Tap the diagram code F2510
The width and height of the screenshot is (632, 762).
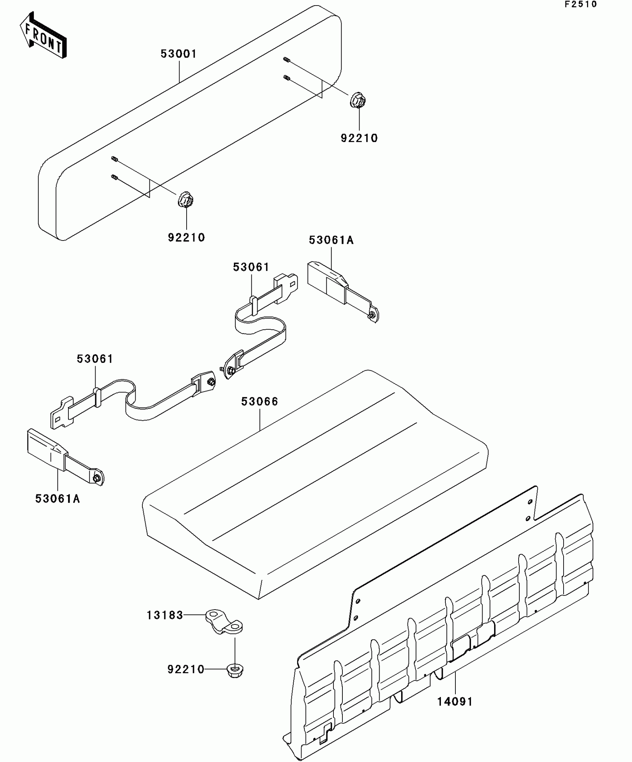580,4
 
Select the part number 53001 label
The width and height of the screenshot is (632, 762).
178,54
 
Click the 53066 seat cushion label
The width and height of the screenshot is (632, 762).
259,402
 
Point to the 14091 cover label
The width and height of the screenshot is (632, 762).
455,702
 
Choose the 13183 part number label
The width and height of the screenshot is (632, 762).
165,615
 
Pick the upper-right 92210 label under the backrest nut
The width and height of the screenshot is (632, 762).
359,138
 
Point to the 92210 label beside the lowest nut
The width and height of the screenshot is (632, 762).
186,670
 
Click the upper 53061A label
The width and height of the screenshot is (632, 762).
331,240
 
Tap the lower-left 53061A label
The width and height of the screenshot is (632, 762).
58,499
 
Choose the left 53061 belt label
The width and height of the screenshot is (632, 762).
95,359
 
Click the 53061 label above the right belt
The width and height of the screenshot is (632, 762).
251,267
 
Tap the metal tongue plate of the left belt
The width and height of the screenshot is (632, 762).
61,414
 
